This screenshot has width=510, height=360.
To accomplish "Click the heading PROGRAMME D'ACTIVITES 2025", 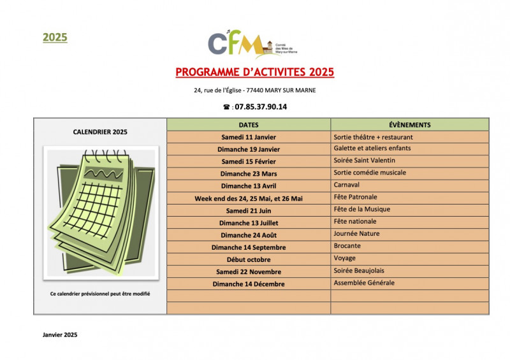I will [x=255, y=72].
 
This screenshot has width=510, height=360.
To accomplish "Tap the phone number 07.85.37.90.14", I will [x=260, y=107].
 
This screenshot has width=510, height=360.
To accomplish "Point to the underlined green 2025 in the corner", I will [x=55, y=37].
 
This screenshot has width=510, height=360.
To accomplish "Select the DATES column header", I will [x=249, y=125].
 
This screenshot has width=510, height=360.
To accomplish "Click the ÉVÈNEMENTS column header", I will [x=409, y=125].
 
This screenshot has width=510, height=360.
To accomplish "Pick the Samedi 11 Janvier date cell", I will [x=249, y=137].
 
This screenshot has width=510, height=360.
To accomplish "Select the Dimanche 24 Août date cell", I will [x=249, y=235].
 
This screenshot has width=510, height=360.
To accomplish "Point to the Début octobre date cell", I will [x=249, y=259].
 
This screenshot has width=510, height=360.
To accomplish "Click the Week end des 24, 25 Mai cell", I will [x=249, y=198].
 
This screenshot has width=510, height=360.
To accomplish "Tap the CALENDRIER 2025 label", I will [x=100, y=132].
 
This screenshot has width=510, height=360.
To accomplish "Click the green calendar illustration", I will [x=101, y=212].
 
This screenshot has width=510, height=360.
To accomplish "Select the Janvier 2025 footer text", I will [x=60, y=335].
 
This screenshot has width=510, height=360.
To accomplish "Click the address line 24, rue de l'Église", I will [x=255, y=90].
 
